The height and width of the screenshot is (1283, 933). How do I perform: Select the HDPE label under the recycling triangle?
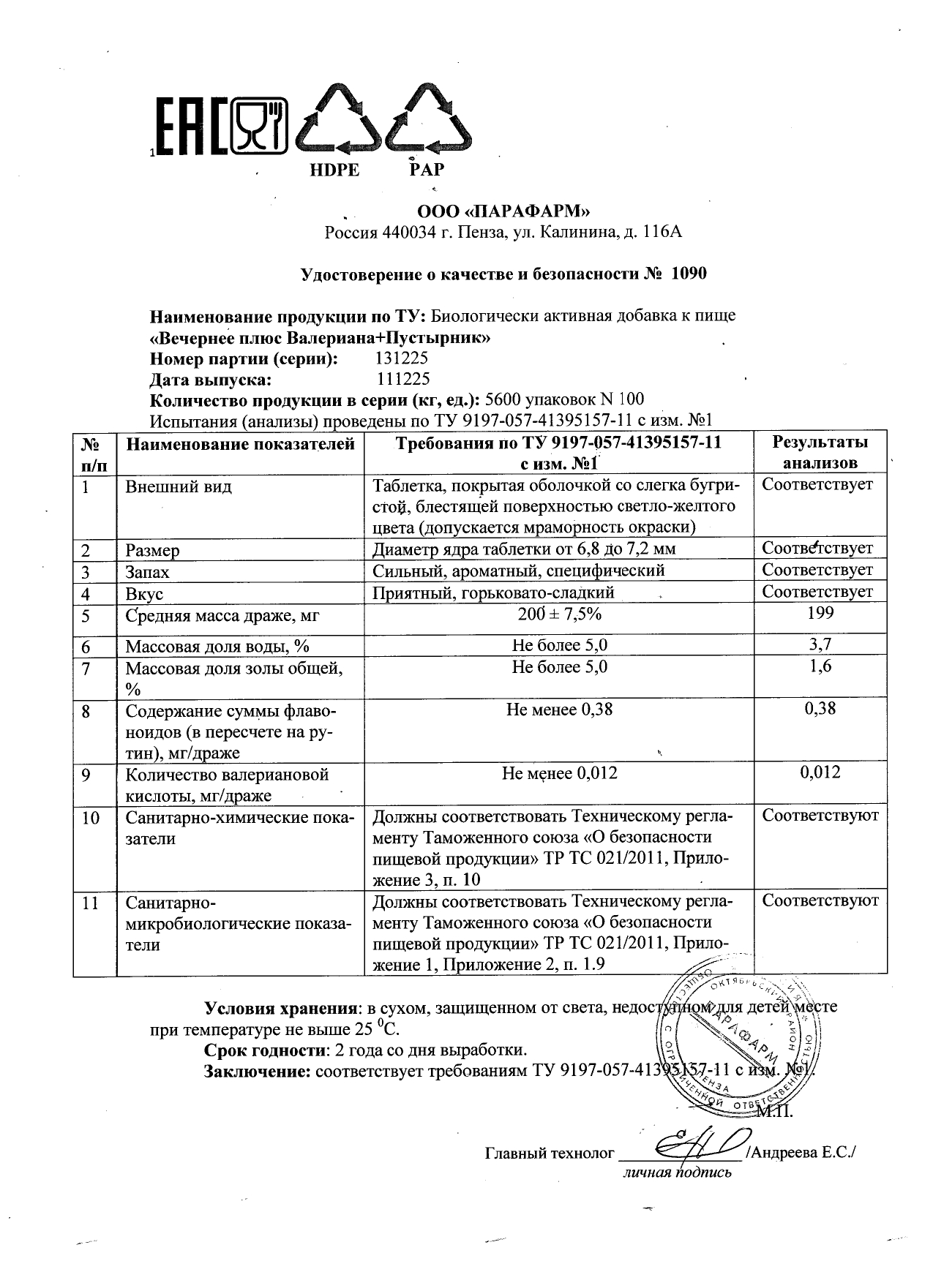[335, 170]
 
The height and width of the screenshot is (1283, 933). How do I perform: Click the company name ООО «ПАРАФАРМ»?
[503, 212]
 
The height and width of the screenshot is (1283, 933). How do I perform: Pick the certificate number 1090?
[689, 274]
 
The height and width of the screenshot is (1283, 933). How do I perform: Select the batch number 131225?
[401, 359]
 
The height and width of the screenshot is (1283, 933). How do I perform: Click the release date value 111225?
[402, 380]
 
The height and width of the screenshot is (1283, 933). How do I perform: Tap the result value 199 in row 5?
[820, 614]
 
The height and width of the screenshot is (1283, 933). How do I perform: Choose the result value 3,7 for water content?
[820, 645]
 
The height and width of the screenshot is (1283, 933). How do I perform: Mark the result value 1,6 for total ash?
[820, 667]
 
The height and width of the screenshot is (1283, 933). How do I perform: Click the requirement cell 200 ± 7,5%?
[559, 614]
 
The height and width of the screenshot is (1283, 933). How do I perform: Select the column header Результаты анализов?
[820, 452]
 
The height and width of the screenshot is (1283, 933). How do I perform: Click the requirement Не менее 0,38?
[559, 710]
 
